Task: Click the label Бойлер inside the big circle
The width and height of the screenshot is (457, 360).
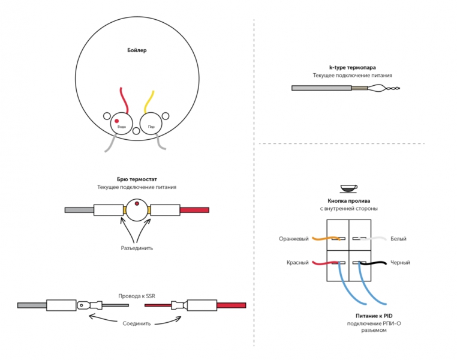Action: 137,50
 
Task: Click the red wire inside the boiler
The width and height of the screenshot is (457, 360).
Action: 124,100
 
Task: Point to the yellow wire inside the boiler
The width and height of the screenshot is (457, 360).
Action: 149,102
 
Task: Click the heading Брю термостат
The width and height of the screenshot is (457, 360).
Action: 137,179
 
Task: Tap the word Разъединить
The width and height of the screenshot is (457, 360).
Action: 137,248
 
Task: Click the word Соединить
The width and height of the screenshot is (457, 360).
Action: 136,323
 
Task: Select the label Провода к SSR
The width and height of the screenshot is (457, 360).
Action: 137,296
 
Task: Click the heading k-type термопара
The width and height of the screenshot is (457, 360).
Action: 353,68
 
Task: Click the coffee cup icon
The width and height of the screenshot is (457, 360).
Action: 348,188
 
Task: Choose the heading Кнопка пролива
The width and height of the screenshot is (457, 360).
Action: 348,201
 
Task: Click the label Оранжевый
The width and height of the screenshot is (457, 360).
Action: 293,239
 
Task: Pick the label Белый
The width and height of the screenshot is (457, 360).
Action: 398,239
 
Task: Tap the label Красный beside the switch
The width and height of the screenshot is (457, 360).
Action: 297,262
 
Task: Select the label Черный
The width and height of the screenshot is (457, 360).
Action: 400,262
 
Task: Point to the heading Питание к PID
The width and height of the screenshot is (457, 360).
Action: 374,316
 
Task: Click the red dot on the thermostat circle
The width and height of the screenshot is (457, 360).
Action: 137,203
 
